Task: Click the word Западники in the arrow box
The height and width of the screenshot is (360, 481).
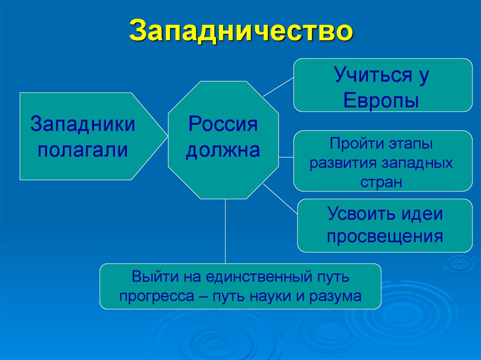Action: pyautogui.click(x=83, y=125)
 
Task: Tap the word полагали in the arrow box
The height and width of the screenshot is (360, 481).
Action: pyautogui.click(x=83, y=151)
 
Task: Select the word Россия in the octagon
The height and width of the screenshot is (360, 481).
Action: pyautogui.click(x=223, y=125)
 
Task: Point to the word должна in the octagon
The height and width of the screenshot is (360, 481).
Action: pyautogui.click(x=223, y=151)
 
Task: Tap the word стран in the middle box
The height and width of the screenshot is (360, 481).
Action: pyautogui.click(x=381, y=182)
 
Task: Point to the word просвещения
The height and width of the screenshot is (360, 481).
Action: pyautogui.click(x=385, y=236)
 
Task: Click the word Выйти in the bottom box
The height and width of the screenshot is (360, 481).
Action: pyautogui.click(x=149, y=276)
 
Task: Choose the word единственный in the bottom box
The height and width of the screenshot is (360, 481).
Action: pyautogui.click(x=256, y=276)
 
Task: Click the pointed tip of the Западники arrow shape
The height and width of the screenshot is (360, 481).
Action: pyautogui.click(x=166, y=136)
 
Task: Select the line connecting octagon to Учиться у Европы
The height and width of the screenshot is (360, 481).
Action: pyautogui.click(x=278, y=87)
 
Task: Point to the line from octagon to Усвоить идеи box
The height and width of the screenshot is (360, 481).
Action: pyautogui.click(x=280, y=199)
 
